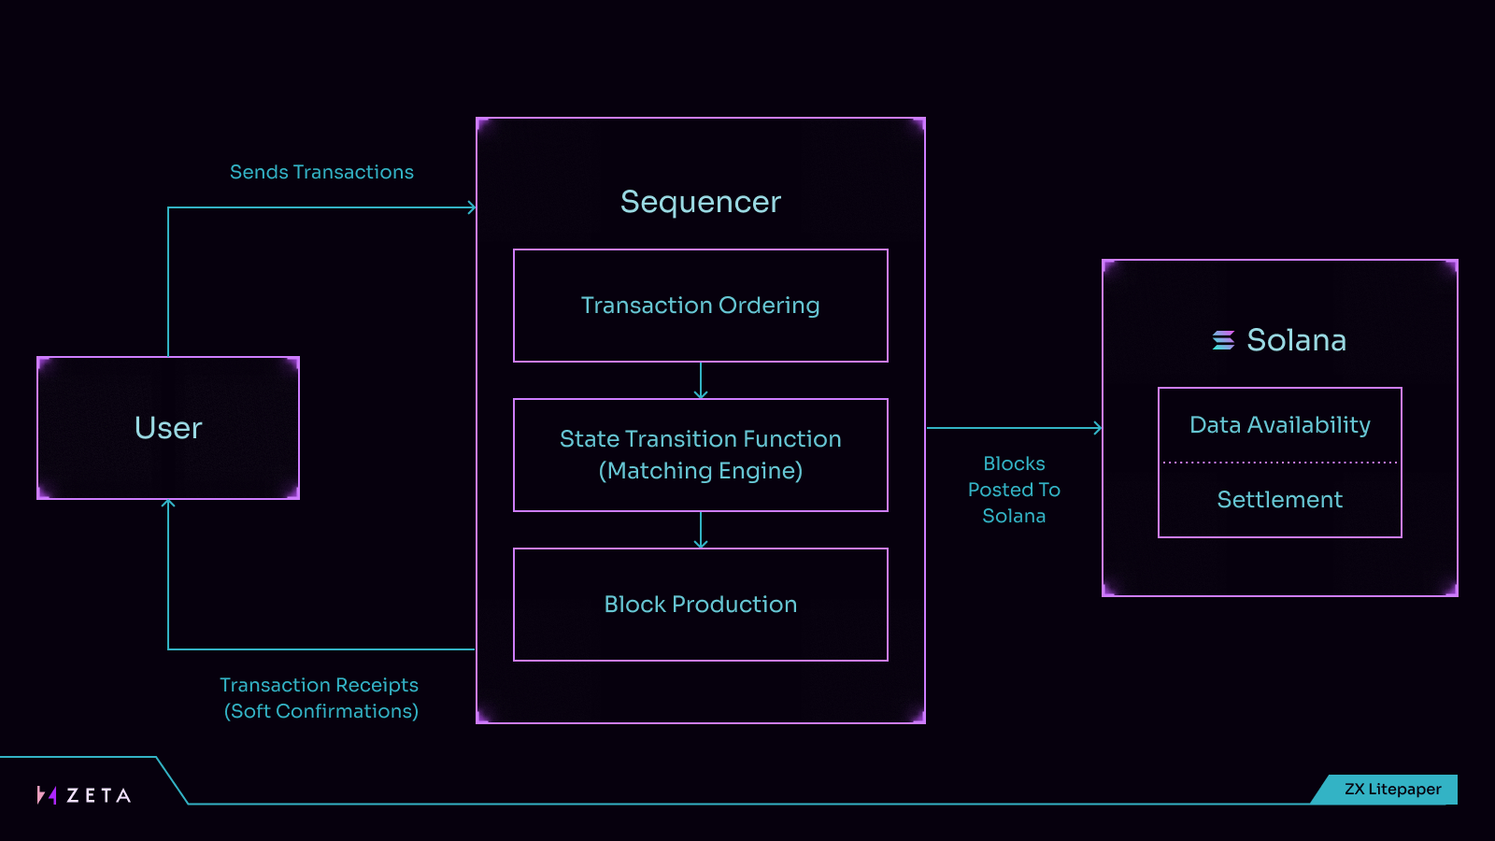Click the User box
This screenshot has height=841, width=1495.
168,428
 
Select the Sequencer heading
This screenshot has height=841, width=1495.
700,202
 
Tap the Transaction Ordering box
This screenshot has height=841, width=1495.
700,306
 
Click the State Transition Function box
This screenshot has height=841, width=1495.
700,455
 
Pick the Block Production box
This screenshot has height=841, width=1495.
700,605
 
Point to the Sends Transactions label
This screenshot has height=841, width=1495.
321,172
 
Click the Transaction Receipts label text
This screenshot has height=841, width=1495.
320,698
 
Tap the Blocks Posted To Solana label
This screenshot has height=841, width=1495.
1014,490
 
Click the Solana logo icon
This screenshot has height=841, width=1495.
1223,340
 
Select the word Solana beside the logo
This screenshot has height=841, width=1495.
1296,340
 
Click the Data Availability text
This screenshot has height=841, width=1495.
1279,425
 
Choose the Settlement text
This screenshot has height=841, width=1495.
1279,500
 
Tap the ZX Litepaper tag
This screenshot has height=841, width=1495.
1386,789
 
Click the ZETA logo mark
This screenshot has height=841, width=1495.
47,795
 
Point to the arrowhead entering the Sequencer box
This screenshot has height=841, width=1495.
472,207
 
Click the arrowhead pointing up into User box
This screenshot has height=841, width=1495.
168,504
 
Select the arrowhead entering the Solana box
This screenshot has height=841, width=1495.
1098,428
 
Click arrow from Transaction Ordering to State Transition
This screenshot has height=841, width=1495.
700,380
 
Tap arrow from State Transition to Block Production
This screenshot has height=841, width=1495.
700,530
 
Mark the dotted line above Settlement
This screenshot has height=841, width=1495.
1279,462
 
